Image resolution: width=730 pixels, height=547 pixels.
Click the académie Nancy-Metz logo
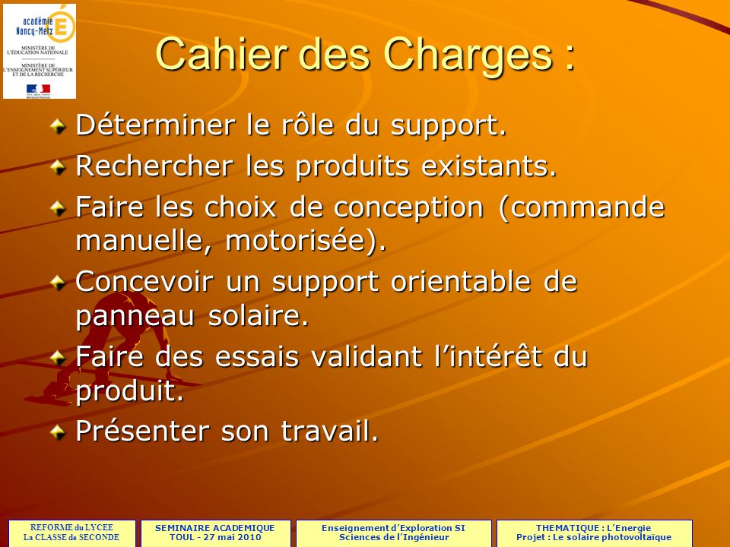pos(40,52)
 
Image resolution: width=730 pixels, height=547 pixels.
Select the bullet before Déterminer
pos(59,124)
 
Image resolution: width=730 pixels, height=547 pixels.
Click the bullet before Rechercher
pos(59,166)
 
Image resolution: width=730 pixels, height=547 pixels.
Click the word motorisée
pos(296,242)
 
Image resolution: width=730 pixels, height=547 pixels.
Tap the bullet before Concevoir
pos(59,281)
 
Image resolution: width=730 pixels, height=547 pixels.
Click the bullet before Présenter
pos(59,431)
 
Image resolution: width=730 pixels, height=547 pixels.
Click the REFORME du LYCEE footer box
pos(71,532)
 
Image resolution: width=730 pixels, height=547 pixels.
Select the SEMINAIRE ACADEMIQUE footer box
pos(214,532)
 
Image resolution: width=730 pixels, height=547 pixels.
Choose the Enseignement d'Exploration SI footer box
pos(393,532)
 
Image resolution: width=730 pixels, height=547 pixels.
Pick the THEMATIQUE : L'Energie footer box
pos(594,532)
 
